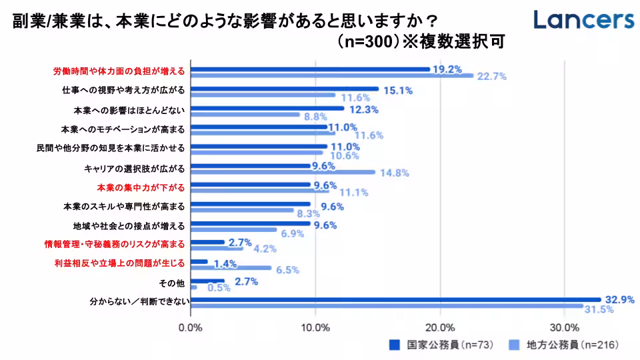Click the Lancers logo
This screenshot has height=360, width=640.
584,19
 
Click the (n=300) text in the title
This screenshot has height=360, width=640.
367,42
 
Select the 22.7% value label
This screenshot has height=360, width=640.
492,77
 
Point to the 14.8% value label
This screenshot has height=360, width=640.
394,173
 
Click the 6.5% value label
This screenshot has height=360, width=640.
287,270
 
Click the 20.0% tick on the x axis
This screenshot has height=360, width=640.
440,328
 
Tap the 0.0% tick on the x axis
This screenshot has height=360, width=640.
191,328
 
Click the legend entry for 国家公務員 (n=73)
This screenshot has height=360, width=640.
441,345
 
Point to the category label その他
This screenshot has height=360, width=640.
175,283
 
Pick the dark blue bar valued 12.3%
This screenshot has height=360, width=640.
267,108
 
